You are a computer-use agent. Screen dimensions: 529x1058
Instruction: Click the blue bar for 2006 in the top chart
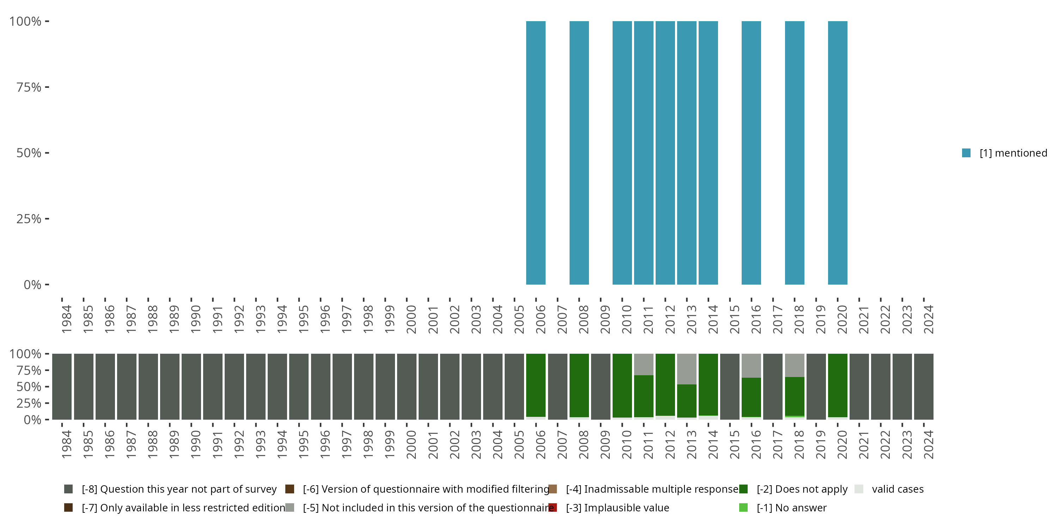coord(536,153)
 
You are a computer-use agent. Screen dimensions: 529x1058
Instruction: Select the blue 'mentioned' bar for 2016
coord(751,153)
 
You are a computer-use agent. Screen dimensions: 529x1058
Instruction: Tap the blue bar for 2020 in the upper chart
coord(838,153)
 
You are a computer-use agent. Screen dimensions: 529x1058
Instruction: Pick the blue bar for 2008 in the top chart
coord(579,153)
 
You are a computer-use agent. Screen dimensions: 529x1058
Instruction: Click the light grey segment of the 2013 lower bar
coord(686,369)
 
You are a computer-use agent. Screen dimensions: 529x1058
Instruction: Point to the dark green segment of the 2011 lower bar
coord(644,396)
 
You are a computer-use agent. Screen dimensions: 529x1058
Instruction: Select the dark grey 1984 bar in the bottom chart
coord(62,387)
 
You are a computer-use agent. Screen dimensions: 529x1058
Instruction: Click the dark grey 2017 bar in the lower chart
coord(773,387)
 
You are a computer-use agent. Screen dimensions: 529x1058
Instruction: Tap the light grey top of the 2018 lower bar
coord(794,365)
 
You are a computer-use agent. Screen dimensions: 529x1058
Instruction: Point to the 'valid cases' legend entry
coord(898,489)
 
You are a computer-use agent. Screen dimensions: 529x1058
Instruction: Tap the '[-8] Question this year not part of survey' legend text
coord(179,489)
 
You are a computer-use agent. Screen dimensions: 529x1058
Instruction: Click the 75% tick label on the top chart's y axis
coord(29,87)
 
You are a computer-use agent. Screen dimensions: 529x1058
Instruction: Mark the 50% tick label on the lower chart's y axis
coord(29,387)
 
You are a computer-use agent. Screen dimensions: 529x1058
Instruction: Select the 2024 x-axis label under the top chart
coord(928,319)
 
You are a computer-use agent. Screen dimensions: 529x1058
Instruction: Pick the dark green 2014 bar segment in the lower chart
coord(708,384)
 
